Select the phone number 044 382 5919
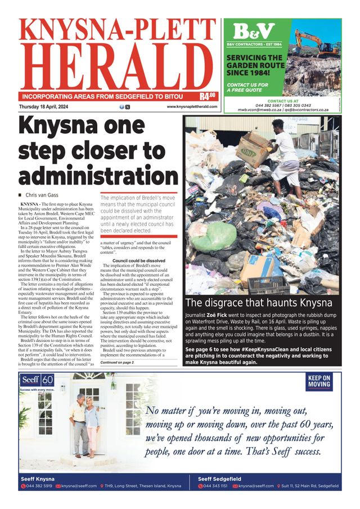[39, 485]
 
